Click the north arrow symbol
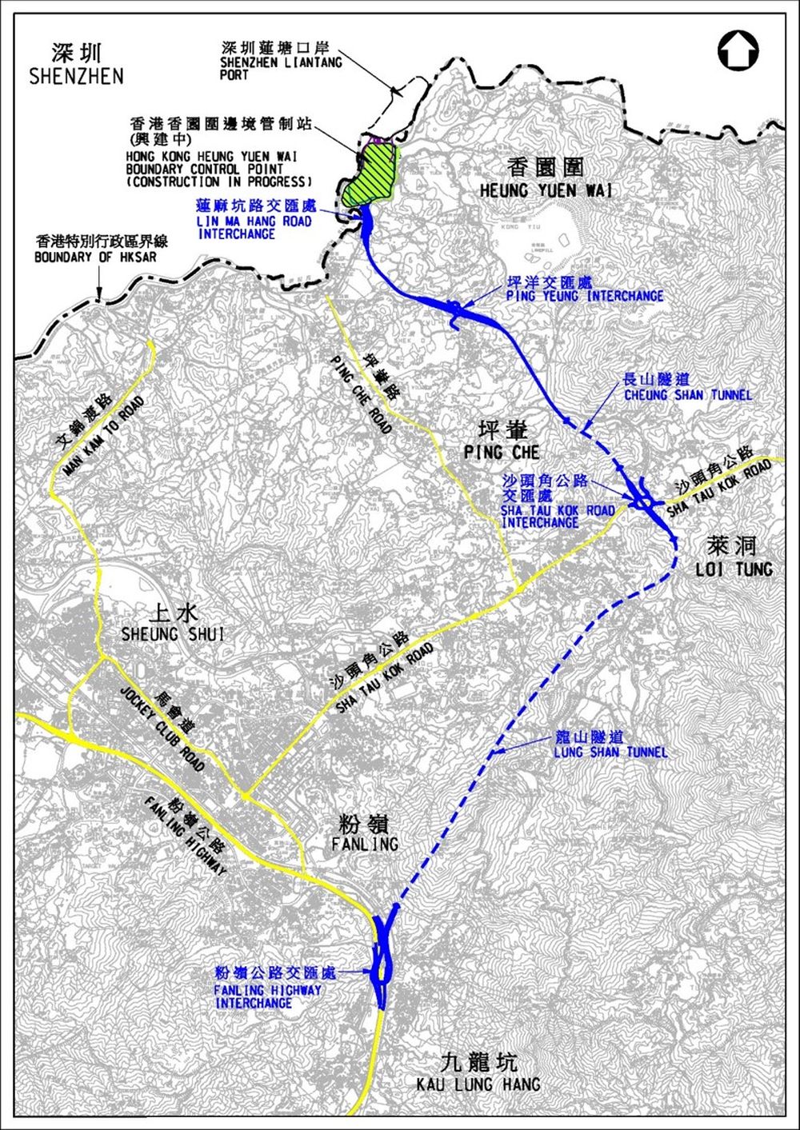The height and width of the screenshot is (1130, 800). (x=738, y=50)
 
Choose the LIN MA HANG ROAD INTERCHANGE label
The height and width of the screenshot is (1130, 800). (x=254, y=227)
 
